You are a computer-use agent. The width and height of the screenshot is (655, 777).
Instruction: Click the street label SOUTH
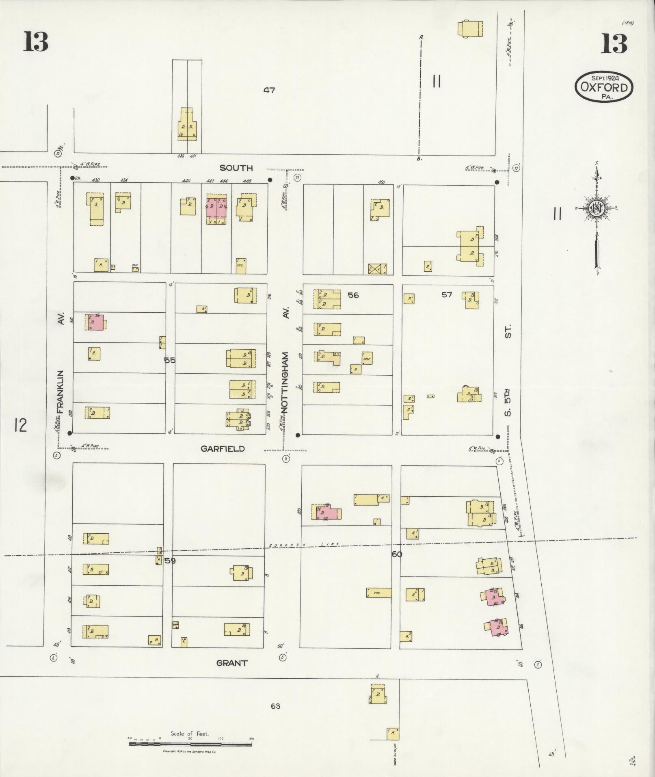(x=236, y=168)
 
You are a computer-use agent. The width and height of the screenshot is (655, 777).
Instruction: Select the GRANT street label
(x=231, y=663)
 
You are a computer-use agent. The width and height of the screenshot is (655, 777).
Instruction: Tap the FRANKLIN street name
(x=61, y=392)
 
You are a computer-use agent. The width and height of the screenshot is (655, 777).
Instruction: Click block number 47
(x=269, y=90)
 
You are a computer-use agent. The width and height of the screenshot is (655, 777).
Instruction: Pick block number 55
(x=169, y=360)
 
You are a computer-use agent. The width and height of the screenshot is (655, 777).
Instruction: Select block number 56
(x=353, y=295)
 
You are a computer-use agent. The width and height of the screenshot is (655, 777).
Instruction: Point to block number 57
(x=447, y=294)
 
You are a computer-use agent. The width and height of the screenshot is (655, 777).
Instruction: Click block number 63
(x=275, y=706)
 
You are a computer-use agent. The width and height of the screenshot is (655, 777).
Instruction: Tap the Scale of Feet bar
(x=190, y=744)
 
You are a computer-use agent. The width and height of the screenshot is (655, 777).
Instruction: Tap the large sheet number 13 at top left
(x=36, y=42)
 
